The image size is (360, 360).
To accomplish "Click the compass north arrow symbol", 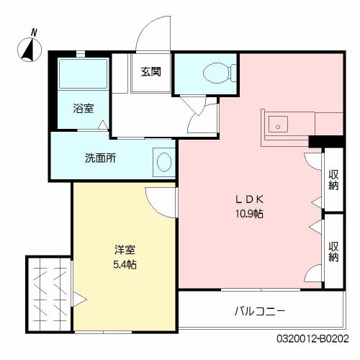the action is click(x=30, y=50).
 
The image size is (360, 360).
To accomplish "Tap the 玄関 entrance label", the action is click(x=150, y=71).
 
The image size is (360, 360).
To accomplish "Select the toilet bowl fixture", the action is click(x=220, y=73).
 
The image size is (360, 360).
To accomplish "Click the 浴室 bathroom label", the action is click(x=84, y=108).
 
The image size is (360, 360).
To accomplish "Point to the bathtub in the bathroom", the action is click(x=83, y=73).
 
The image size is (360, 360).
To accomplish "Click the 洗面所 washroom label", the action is click(x=100, y=158).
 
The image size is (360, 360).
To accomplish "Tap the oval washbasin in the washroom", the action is click(x=164, y=162).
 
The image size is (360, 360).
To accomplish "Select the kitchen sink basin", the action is click(x=278, y=124).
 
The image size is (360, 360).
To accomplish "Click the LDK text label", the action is click(x=250, y=199).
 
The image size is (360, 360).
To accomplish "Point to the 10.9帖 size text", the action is click(x=249, y=213).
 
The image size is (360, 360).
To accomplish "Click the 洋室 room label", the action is click(x=125, y=250).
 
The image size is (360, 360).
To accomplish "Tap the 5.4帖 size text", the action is click(x=125, y=264).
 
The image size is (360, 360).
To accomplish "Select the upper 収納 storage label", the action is click(x=333, y=180).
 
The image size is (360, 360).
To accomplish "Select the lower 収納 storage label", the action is click(x=333, y=251).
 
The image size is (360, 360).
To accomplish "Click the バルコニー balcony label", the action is click(x=260, y=311).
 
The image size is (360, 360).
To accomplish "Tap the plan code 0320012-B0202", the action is click(x=312, y=338).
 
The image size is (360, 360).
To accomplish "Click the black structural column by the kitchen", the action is click(x=327, y=141).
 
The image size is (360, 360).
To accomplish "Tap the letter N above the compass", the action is click(x=35, y=32).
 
